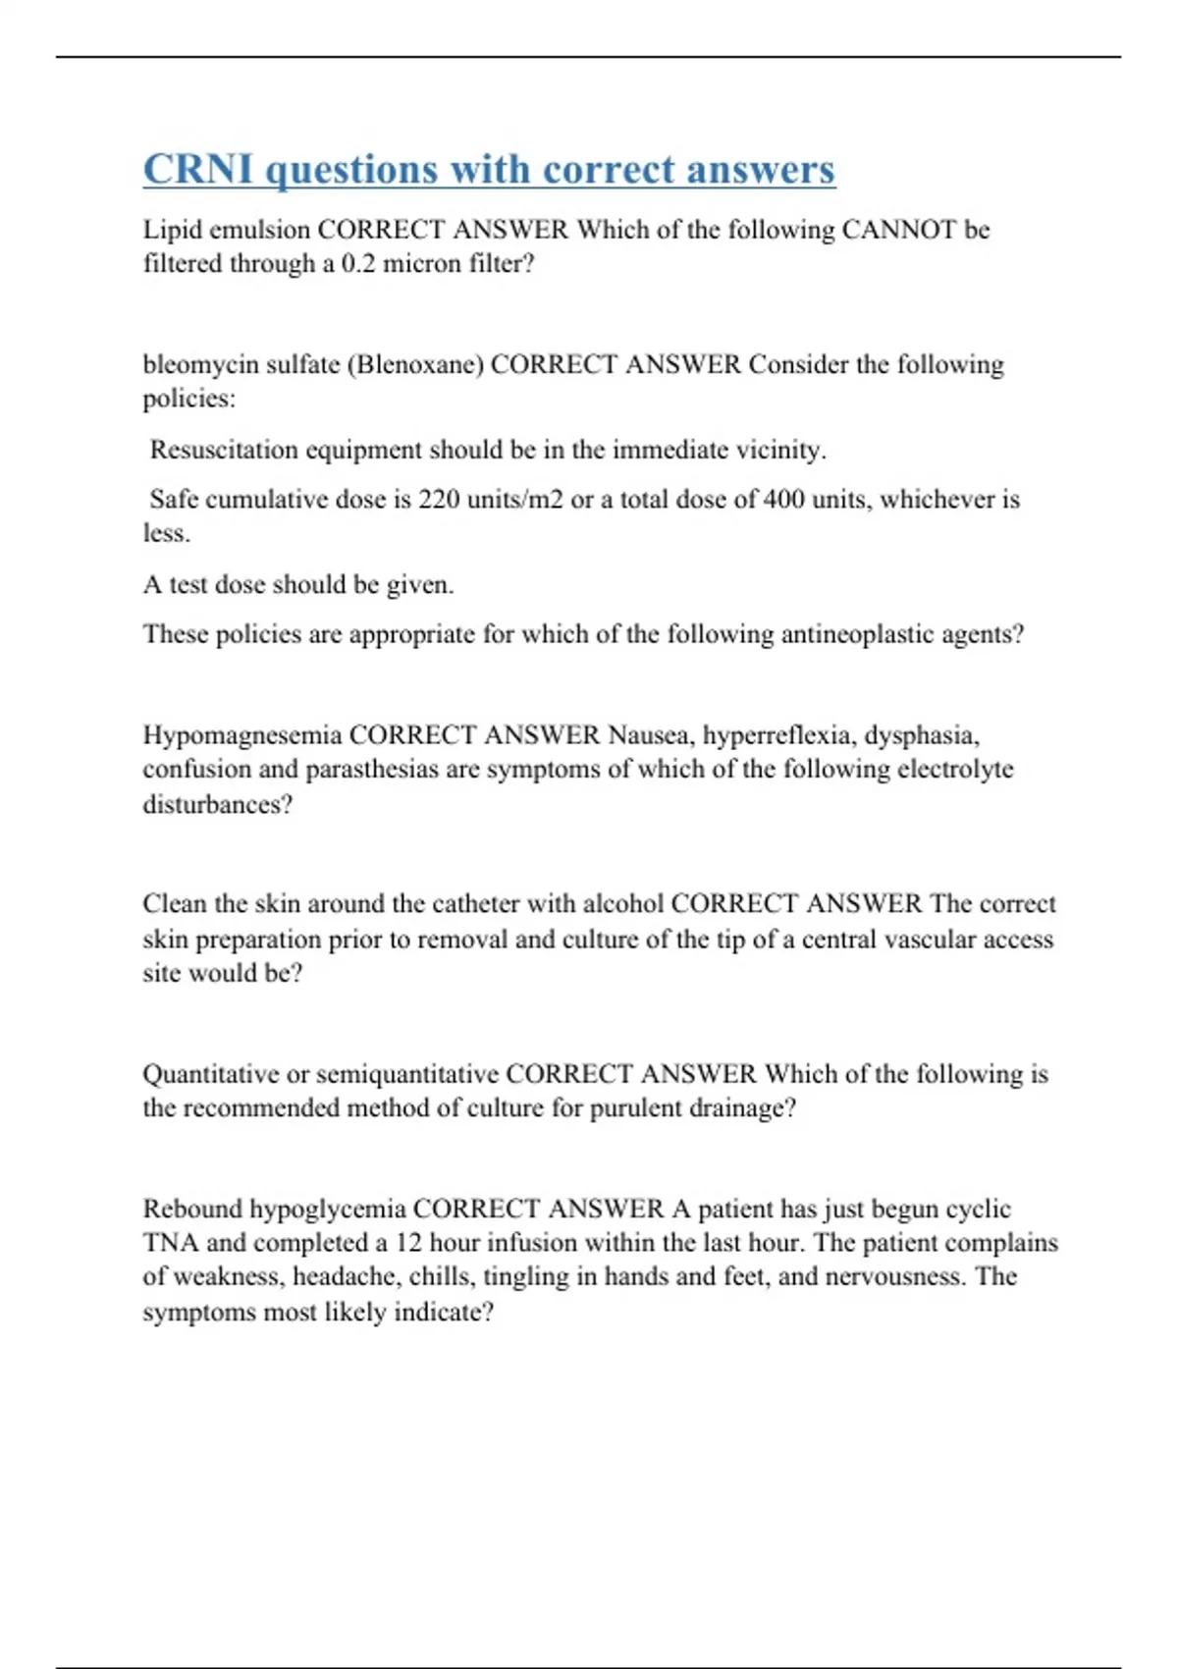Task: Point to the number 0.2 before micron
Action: click(357, 264)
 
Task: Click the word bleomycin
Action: click(200, 365)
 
